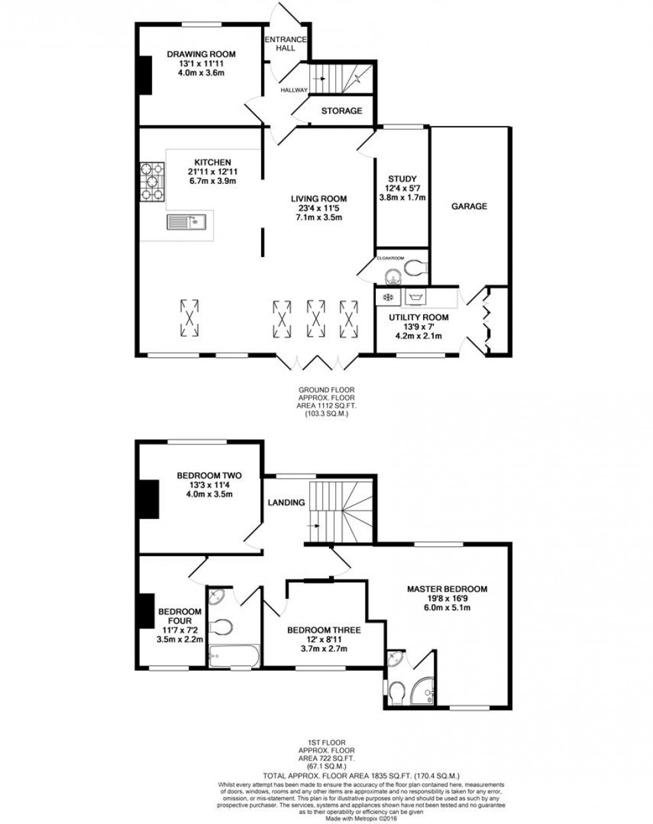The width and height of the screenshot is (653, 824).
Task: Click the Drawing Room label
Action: click(201, 55)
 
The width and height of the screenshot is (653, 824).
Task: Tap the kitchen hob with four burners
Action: click(153, 181)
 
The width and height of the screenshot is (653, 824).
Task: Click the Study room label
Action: click(402, 179)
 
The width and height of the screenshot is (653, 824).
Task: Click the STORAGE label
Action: click(341, 111)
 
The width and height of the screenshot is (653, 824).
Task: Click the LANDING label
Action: click(287, 502)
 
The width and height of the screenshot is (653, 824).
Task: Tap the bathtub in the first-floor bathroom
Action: click(231, 657)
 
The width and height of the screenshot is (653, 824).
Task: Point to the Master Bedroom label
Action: click(447, 589)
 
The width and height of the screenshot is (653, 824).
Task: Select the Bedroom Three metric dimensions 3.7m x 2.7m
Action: click(324, 649)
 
